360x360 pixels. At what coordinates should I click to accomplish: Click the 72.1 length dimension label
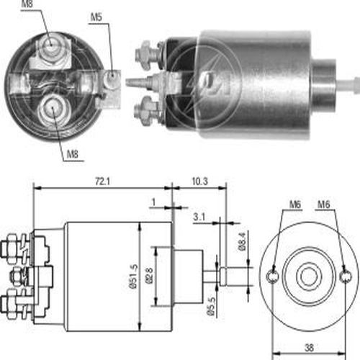pos(103,181)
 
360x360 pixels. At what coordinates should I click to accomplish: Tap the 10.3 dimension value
pos(199,181)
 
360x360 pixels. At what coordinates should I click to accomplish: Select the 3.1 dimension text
pos(199,217)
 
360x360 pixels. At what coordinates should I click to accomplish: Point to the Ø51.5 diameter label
pos(135,276)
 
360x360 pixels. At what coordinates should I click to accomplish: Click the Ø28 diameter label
pos(149,276)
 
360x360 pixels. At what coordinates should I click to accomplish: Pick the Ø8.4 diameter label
pos(242,242)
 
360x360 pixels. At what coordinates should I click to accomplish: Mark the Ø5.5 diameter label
pos(212,307)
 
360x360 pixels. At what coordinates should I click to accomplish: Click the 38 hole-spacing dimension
pos(309,348)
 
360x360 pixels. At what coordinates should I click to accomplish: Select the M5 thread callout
pos(96,17)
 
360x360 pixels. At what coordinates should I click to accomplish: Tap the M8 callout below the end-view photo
pos(73,154)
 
